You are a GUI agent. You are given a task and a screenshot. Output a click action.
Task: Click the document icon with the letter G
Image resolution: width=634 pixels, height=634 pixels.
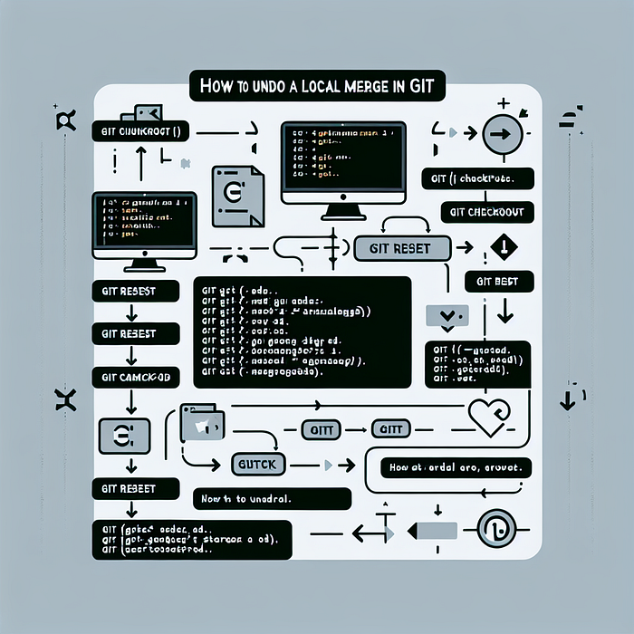233,197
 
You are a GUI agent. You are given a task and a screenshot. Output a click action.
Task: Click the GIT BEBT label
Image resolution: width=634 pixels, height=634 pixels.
497,282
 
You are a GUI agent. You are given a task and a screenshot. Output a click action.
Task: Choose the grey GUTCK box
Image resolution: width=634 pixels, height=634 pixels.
259,464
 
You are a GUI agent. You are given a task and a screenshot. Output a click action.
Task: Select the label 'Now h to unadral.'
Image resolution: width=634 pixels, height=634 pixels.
272,498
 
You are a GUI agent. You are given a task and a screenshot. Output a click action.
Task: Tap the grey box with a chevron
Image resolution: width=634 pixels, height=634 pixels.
444,316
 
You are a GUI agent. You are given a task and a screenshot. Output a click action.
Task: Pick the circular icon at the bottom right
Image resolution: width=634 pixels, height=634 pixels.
496,527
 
